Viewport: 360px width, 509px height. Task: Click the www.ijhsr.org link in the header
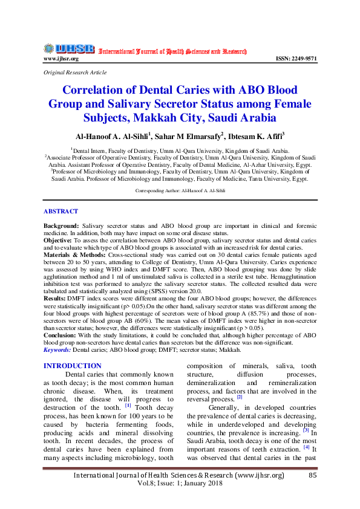pyautogui.click(x=61, y=59)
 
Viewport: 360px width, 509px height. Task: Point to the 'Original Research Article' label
pyautogui.click(x=73, y=72)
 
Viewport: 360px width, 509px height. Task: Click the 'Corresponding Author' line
pyautogui.click(x=180, y=190)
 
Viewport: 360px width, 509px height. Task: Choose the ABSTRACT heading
pyautogui.click(x=61, y=211)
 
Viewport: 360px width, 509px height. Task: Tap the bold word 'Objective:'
pyautogui.click(x=59, y=240)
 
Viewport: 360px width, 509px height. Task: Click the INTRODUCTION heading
pyautogui.click(x=73, y=366)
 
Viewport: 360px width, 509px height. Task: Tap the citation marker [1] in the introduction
pyautogui.click(x=128, y=404)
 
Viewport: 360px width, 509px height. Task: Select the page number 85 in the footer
pyautogui.click(x=313, y=476)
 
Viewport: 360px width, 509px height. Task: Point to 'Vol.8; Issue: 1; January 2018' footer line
pyautogui.click(x=180, y=484)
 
